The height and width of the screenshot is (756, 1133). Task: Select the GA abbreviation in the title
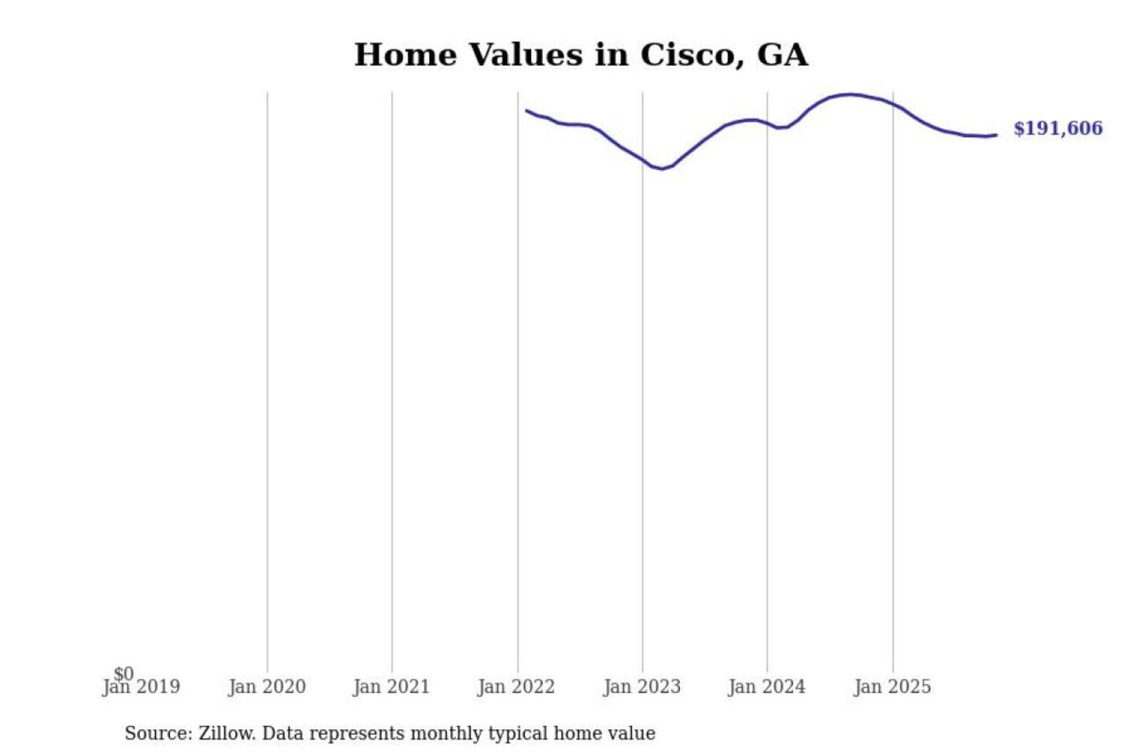pyautogui.click(x=782, y=55)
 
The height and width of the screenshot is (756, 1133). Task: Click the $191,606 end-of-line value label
pyautogui.click(x=1057, y=128)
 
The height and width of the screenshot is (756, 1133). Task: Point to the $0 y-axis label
pyautogui.click(x=124, y=673)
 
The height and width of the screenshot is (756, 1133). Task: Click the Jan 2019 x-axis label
pyautogui.click(x=142, y=687)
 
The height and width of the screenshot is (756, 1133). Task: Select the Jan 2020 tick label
pyautogui.click(x=267, y=687)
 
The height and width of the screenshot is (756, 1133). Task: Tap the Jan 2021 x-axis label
pyautogui.click(x=391, y=687)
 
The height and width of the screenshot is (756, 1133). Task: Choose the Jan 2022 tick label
pyautogui.click(x=516, y=687)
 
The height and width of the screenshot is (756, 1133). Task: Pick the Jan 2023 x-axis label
pyautogui.click(x=641, y=687)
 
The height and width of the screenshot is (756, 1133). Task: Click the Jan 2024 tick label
pyautogui.click(x=766, y=687)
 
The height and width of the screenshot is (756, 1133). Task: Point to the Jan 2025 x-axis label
pyautogui.click(x=891, y=687)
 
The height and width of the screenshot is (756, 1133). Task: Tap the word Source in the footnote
pyautogui.click(x=156, y=733)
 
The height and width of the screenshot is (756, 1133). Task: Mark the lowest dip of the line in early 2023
pyautogui.click(x=662, y=169)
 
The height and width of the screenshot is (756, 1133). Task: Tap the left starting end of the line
pyautogui.click(x=526, y=110)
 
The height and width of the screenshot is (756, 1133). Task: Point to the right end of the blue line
pyautogui.click(x=996, y=135)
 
